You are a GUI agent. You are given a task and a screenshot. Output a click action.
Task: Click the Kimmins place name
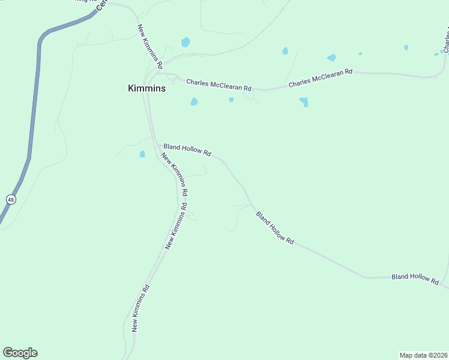pos(146,88)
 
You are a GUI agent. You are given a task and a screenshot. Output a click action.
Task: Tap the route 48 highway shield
pos(11,199)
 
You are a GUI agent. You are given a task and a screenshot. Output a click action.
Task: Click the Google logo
pos(20,353)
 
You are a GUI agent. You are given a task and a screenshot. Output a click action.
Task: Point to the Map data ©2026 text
pos(423,355)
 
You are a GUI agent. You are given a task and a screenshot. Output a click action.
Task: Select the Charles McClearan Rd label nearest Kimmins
pos(218,85)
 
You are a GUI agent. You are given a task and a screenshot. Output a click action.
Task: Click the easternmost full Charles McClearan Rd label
pos(320,79)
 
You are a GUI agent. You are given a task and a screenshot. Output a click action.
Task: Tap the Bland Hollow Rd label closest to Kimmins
pos(187,150)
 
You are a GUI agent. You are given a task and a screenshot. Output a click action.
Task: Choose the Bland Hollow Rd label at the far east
pos(415,277)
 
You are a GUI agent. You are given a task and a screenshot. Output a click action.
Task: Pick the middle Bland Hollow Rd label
pos(275,227)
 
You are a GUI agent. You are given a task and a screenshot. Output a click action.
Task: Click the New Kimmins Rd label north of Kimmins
pos(149,43)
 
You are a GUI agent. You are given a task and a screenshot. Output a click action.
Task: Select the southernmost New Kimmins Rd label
pos(140,308)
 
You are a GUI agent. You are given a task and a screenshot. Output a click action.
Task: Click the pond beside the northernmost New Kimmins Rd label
pos(185,42)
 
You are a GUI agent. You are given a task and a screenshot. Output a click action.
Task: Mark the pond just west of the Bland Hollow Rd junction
pos(142,154)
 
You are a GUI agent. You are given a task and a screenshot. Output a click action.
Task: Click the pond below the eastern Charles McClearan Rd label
pos(304,101)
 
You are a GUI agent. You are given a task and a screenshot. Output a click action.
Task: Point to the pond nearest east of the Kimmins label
pos(194,101)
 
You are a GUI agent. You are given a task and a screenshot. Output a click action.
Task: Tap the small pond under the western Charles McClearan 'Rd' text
pos(231,100)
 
